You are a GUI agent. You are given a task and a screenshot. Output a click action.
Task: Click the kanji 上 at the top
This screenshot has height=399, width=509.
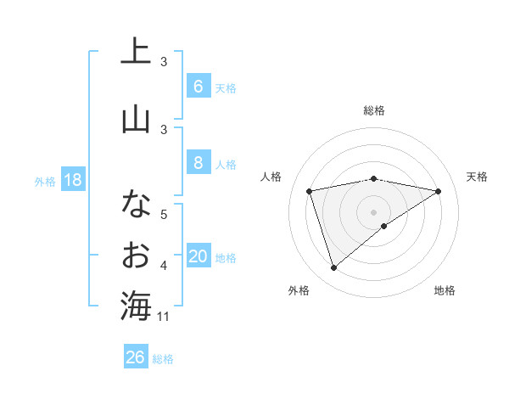(x=136, y=52)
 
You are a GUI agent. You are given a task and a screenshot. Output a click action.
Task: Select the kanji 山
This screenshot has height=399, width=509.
(x=136, y=120)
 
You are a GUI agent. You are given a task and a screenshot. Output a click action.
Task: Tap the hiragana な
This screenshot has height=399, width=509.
(x=136, y=204)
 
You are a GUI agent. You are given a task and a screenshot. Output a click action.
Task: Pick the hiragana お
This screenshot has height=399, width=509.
(x=136, y=255)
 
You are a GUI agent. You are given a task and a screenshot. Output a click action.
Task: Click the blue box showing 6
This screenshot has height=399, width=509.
(x=198, y=87)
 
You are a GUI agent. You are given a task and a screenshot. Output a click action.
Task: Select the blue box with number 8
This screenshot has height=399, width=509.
(x=198, y=163)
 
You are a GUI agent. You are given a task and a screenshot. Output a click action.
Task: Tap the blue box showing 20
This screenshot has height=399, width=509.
(x=198, y=257)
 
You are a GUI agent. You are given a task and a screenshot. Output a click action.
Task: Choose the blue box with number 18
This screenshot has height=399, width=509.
(x=73, y=180)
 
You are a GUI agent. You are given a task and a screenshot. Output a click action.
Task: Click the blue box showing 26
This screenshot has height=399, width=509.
(x=136, y=357)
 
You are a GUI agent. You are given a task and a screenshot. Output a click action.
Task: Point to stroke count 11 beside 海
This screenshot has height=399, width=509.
(x=164, y=317)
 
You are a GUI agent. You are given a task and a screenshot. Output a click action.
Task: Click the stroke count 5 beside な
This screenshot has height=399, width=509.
(x=164, y=214)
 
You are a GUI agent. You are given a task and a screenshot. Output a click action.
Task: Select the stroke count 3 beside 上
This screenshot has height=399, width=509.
(x=164, y=62)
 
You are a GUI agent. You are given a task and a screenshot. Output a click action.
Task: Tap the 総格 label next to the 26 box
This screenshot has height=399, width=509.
(x=163, y=358)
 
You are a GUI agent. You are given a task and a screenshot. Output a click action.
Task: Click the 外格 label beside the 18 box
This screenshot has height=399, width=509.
(x=45, y=181)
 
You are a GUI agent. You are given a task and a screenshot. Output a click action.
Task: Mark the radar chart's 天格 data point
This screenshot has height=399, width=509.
(x=438, y=191)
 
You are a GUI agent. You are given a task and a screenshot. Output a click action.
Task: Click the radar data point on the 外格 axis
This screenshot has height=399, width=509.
(x=333, y=267)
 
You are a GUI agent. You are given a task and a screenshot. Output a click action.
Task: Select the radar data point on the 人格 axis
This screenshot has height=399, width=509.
(x=310, y=191)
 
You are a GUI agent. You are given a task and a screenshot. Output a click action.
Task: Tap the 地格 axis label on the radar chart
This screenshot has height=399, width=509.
(x=445, y=290)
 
